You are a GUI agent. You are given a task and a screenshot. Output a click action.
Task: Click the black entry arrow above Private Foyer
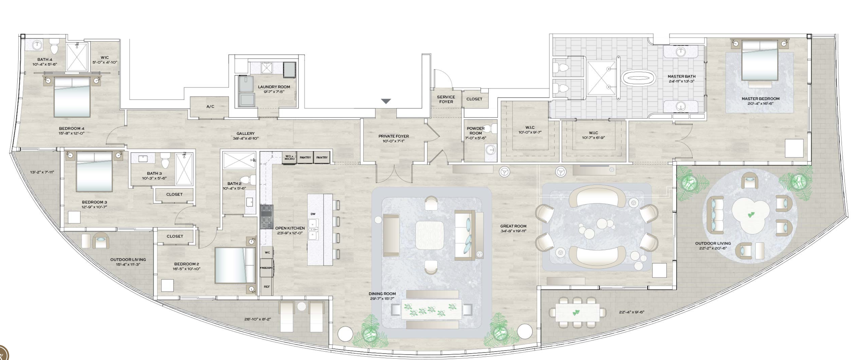pos(386,101)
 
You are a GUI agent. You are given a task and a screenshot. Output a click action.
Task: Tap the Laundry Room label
pos(274,87)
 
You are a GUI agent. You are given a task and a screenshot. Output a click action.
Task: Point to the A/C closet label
pos(210,106)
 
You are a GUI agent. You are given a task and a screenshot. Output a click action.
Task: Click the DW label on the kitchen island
pos(313,214)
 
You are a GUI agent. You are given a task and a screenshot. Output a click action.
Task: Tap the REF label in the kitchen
pos(267,286)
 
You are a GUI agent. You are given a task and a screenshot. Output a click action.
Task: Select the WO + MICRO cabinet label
pos(290,158)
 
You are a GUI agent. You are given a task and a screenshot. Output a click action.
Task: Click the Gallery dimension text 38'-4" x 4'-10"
pos(245,138)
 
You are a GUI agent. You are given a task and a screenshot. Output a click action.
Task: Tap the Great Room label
pos(513,226)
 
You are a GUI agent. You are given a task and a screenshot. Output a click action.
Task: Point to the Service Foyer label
pos(446,99)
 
